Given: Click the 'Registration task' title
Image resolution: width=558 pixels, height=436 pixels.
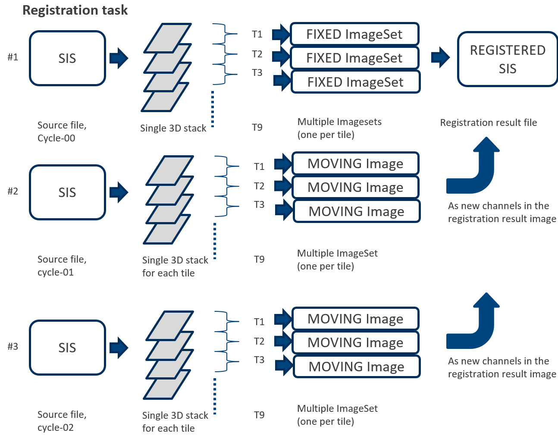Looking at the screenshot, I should click(75, 10).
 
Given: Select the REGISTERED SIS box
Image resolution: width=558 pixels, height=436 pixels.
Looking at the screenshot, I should click(508, 59).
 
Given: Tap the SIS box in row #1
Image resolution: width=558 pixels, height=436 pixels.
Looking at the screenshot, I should click(67, 58).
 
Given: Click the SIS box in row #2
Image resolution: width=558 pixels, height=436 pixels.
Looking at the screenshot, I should click(67, 192).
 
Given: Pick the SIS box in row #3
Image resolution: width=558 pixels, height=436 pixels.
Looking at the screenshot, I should click(67, 348).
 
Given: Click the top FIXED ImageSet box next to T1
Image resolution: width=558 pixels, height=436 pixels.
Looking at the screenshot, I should click(354, 34).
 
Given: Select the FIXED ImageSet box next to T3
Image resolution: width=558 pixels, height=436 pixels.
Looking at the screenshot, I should click(355, 82).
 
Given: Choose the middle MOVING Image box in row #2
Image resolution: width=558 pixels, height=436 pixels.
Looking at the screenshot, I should click(355, 187).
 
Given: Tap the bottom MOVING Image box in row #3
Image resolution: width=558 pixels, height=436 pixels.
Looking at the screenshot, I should click(356, 367).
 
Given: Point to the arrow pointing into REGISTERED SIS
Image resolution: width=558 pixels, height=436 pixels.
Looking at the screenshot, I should click(440, 57).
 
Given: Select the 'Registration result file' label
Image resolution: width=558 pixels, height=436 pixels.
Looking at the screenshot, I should click(488, 122).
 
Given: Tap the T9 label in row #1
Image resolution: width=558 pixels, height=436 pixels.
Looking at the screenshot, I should click(257, 127).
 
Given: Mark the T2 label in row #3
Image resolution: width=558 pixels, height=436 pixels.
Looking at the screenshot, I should click(259, 341).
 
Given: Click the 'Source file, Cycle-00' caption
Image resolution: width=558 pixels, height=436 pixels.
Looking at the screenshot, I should click(62, 132).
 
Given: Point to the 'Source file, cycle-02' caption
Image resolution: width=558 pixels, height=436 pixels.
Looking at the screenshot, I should click(62, 421).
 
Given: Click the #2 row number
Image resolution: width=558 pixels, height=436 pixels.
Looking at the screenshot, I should click(13, 191).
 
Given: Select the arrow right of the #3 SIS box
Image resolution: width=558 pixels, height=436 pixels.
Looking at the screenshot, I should click(119, 348).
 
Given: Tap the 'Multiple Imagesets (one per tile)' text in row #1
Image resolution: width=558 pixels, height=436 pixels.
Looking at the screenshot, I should click(339, 128).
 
